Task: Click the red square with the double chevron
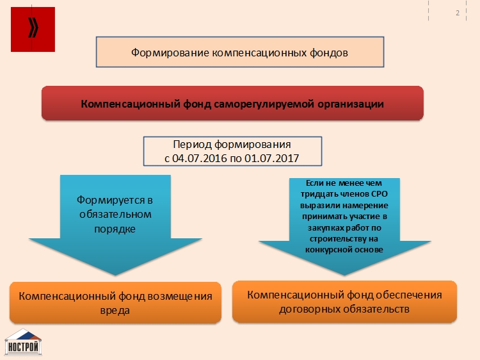coord(33,29)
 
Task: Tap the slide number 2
coord(458,13)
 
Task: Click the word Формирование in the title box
coord(170,53)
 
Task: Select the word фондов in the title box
coord(329,53)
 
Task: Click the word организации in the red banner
coord(351,104)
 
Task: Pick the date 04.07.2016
coord(200,158)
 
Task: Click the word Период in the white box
coord(192,144)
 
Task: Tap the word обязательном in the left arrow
coord(115,214)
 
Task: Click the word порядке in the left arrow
coord(115,229)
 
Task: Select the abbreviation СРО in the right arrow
coord(380,194)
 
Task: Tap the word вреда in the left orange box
coord(115,311)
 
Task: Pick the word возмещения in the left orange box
coord(180,297)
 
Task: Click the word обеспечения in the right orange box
coord(409,295)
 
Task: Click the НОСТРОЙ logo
coord(23,342)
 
